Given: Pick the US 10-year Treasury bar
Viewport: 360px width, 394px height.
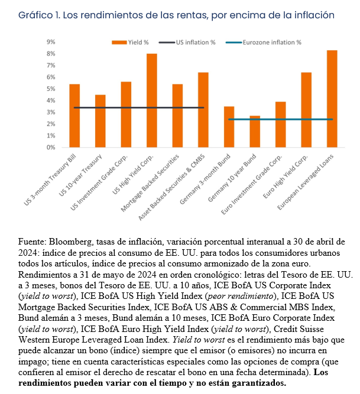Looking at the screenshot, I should pyautogui.click(x=100, y=121).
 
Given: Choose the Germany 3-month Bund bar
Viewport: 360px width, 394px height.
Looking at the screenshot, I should pyautogui.click(x=229, y=127).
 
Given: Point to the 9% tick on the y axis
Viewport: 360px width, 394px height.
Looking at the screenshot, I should pyautogui.click(x=51, y=42).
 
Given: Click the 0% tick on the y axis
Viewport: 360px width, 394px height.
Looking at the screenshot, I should pyautogui.click(x=51, y=147).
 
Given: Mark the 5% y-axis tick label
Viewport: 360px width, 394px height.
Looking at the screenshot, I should pyautogui.click(x=51, y=89).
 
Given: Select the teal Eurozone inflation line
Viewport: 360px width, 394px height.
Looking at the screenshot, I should pyautogui.click(x=278, y=119).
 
